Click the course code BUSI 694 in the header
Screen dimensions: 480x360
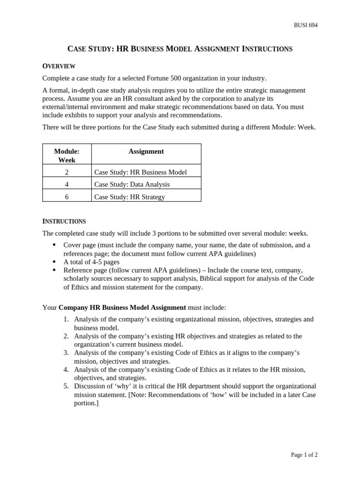[305, 25]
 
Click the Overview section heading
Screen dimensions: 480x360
[59, 66]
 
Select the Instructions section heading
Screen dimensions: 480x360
[64, 221]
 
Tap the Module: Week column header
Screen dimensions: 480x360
[67, 156]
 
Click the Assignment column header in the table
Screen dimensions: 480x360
[146, 151]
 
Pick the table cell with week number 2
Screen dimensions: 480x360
[67, 172]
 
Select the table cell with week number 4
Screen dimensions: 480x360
[67, 184]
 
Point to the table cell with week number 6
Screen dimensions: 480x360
[67, 197]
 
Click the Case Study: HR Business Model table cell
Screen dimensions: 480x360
[140, 172]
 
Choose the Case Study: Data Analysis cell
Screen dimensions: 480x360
[132, 184]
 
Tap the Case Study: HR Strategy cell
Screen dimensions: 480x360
[129, 197]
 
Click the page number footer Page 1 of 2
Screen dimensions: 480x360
[304, 455]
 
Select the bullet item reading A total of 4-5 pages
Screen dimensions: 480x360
[91, 262]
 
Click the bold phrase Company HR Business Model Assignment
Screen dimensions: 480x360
[122, 307]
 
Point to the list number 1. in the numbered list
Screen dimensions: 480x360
[66, 319]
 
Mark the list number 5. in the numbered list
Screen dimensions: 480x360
[66, 386]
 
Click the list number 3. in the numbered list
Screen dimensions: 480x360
[66, 352]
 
